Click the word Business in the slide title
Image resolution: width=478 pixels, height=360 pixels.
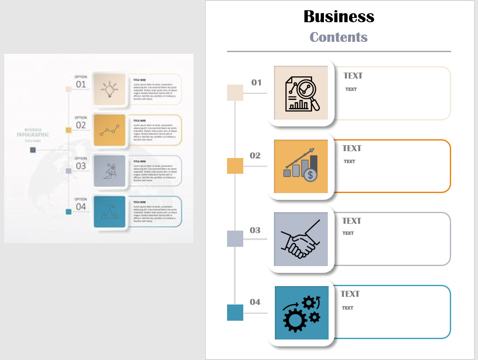pos(339,17)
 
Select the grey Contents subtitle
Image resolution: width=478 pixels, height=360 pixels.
pos(338,37)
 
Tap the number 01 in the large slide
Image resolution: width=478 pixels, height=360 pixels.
pos(256,82)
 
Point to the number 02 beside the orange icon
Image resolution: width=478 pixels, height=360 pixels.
pos(255,155)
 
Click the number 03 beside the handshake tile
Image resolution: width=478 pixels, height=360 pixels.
pos(255,230)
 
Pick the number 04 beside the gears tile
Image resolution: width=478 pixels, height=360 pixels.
pos(255,302)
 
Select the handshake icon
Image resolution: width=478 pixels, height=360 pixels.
pos(300,240)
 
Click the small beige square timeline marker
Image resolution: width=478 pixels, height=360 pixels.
pos(235,93)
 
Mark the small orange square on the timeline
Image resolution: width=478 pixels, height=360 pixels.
pos(235,166)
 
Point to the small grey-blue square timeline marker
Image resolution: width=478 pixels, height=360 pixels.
pos(235,239)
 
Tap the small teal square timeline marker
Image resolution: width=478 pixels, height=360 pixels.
pos(235,313)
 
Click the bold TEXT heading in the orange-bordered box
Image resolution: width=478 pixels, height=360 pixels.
pos(352,148)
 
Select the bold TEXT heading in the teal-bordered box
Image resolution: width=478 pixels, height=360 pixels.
pos(350,294)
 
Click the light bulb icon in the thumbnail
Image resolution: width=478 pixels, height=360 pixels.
pos(109,89)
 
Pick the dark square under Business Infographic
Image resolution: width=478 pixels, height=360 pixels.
pos(33,150)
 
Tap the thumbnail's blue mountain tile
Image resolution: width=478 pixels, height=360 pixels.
pos(109,212)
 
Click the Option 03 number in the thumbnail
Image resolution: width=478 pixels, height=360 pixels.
pos(81,166)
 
